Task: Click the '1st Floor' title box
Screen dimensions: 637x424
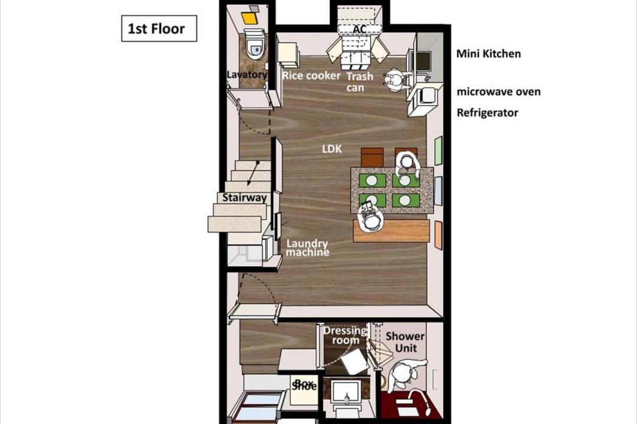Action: [159, 28]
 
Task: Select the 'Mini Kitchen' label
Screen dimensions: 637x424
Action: [488, 54]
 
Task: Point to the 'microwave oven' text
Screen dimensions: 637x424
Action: [498, 92]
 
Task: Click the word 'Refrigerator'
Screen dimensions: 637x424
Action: [487, 112]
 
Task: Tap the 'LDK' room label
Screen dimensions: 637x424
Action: [332, 149]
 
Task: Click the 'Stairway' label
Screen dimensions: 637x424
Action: [244, 198]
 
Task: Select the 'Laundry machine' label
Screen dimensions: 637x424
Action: [307, 248]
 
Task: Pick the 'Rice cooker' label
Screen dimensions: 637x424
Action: [311, 76]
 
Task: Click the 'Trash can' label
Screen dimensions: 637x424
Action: [359, 82]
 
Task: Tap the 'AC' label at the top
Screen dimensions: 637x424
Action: [360, 29]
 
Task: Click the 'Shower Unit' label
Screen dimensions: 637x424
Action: [405, 342]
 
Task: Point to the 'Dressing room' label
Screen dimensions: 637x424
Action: [345, 335]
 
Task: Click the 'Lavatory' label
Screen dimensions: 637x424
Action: [247, 75]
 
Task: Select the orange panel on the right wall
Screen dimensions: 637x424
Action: [438, 235]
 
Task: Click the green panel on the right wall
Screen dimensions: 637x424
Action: [438, 151]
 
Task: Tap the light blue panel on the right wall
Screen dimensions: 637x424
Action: [438, 191]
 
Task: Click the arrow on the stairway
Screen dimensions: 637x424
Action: [252, 174]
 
